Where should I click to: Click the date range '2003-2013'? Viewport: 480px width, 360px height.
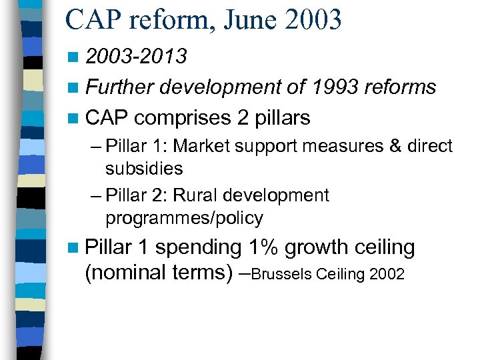[136, 57]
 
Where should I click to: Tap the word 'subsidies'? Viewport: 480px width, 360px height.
[144, 169]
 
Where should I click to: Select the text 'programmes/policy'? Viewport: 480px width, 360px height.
[184, 218]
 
